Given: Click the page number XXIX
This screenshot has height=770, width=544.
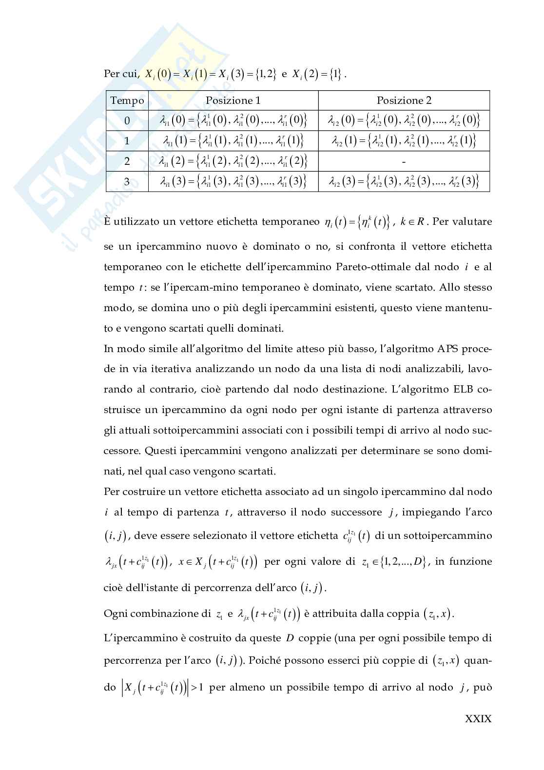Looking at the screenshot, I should point(478,718).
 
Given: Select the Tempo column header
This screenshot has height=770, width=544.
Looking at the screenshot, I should point(127,100).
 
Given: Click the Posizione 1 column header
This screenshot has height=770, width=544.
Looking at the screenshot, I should point(233,100).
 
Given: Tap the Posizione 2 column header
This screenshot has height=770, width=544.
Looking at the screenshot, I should point(404,100).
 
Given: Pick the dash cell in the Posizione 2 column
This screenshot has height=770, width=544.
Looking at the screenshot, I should point(404,161).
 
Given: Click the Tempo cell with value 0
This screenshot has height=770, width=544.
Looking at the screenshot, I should point(127,120).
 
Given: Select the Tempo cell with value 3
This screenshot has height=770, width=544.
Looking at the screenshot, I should point(127,182).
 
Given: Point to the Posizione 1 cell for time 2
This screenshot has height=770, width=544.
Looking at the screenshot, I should point(233,161).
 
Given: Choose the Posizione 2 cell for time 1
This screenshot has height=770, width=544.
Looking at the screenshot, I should point(404,141).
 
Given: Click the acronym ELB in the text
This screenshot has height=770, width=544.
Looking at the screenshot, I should point(461,390).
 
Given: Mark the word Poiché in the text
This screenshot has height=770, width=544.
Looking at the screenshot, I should point(267,661).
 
